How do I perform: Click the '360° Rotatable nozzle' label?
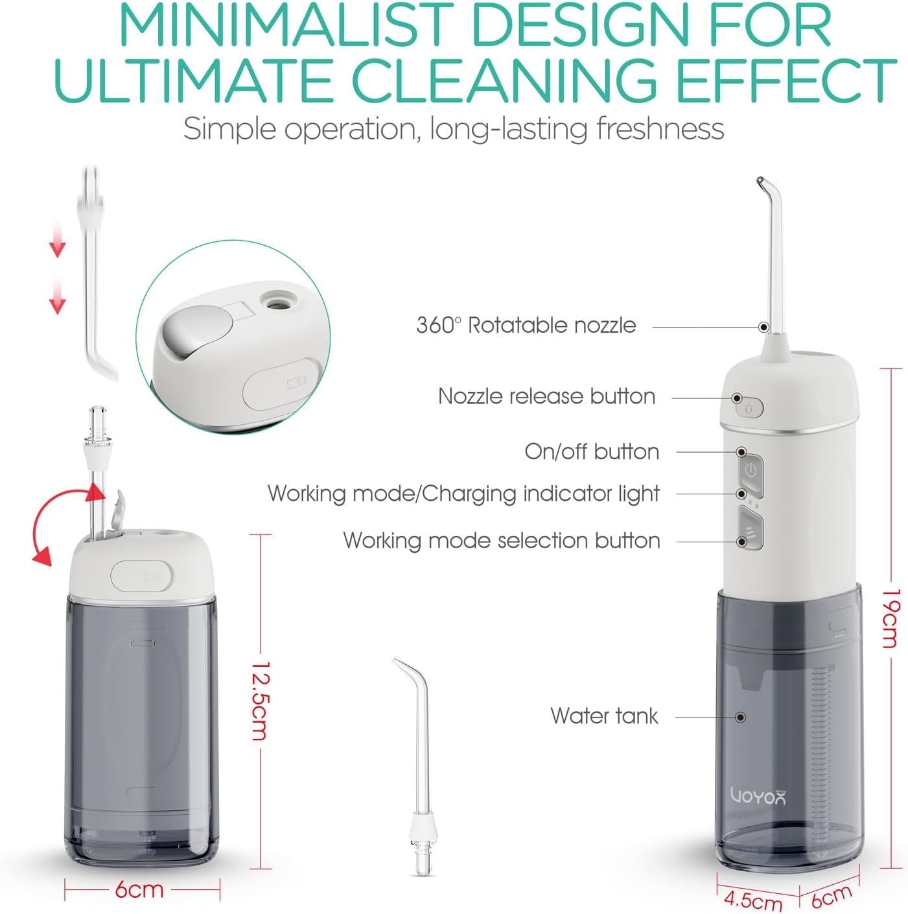526,325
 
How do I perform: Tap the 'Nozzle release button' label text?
546,396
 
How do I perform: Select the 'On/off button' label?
591,451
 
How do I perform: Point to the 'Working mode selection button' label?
502,540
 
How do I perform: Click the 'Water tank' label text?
604,716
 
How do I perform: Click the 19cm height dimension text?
892,618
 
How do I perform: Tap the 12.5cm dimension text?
260,701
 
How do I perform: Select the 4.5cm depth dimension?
752,900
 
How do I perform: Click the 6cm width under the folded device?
139,889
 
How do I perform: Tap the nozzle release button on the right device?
749,408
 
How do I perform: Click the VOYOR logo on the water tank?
758,795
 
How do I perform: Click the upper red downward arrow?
58,241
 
